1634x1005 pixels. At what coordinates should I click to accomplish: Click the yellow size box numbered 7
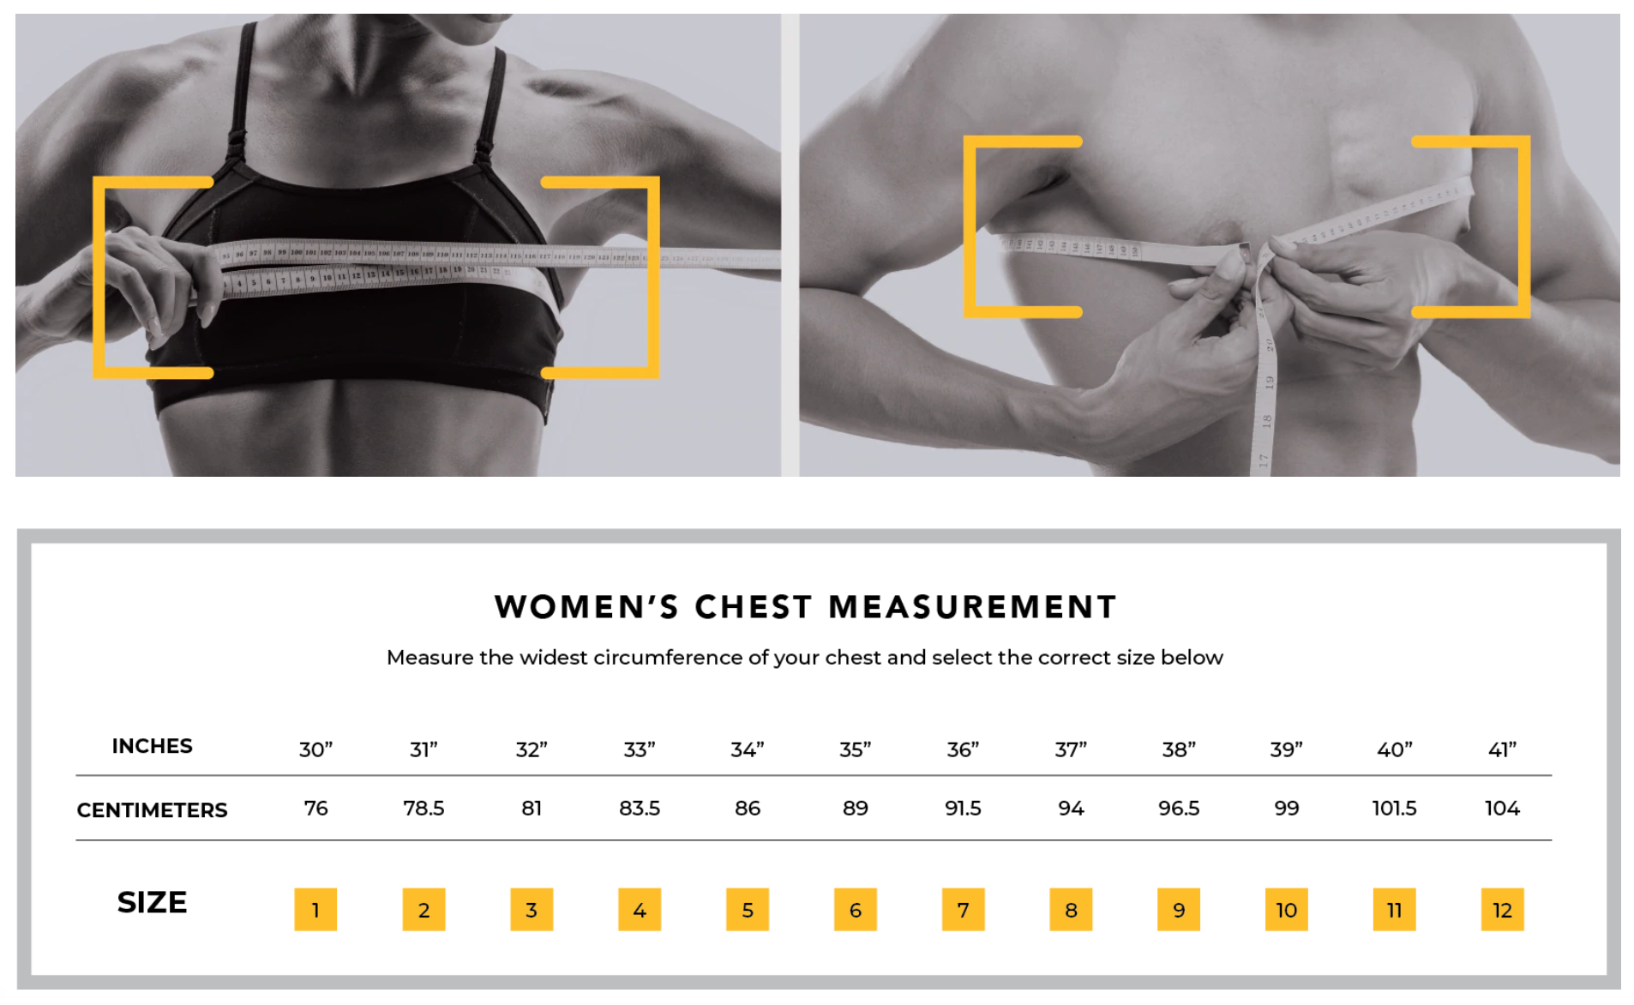tap(963, 909)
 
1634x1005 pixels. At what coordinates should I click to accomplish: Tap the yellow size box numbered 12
tap(1502, 909)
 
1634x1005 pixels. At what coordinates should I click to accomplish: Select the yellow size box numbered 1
tap(315, 909)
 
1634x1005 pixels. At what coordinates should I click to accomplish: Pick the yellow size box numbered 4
tap(640, 909)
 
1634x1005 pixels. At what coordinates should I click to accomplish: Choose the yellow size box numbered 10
tap(1286, 909)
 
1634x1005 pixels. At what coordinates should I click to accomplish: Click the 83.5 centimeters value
tap(640, 808)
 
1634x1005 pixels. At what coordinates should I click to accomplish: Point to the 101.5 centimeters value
tap(1394, 808)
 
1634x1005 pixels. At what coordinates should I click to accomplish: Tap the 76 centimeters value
tap(315, 808)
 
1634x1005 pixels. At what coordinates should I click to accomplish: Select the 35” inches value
tap(855, 749)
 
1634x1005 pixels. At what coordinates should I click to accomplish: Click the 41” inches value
tap(1502, 749)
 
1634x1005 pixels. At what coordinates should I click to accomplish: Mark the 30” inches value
tap(315, 749)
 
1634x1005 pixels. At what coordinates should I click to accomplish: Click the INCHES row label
tap(152, 746)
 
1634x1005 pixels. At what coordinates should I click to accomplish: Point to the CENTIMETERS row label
tap(152, 810)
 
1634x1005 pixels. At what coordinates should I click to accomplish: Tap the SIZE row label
tap(152, 902)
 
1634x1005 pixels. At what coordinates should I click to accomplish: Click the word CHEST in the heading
tap(753, 607)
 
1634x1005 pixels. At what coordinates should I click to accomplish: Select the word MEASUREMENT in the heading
tap(972, 607)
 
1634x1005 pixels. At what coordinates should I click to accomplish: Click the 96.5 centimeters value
tap(1179, 808)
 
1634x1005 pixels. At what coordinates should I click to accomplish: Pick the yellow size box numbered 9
tap(1179, 909)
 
